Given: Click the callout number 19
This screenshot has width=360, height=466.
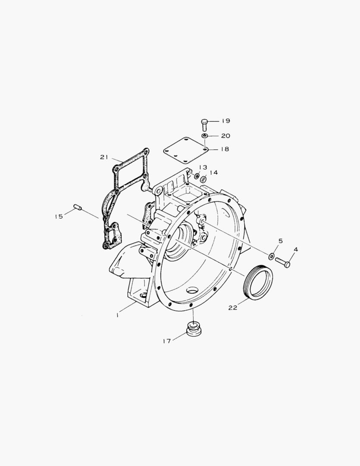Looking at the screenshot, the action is click(225, 121).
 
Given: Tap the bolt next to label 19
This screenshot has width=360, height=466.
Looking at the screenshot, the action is click(204, 124).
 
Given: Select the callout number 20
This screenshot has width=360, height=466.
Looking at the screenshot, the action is click(225, 136).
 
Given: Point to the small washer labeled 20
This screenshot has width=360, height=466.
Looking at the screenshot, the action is click(205, 136).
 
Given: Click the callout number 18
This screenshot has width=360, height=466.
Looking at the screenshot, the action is click(225, 149).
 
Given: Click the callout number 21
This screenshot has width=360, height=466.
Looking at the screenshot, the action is click(104, 157).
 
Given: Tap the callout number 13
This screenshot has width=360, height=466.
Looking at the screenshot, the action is click(203, 167).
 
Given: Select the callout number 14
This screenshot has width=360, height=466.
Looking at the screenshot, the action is click(214, 172).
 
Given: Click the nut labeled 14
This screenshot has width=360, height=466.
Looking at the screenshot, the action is click(203, 179).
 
